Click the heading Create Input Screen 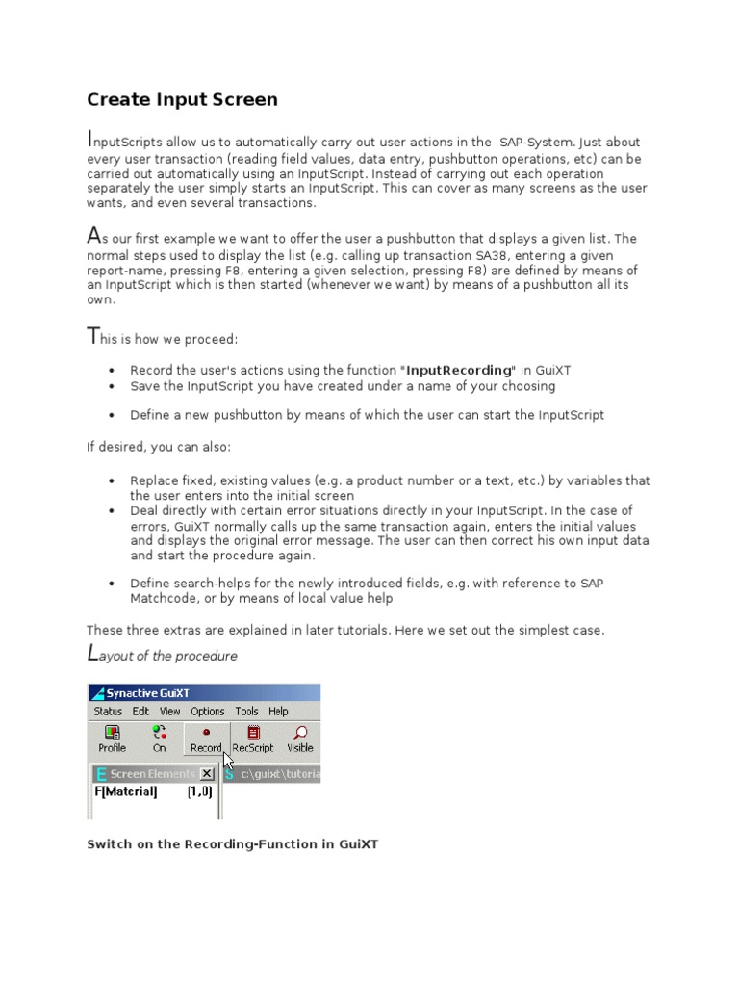pos(182,99)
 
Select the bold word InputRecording pos(459,370)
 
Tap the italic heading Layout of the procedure pos(162,656)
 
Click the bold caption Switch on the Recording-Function pos(232,843)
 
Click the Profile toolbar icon pos(112,739)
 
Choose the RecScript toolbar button pos(253,739)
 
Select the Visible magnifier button pos(299,739)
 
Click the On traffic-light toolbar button pos(159,739)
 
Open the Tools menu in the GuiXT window pos(246,712)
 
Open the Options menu pos(207,712)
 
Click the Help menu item pos(278,712)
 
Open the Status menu pos(108,712)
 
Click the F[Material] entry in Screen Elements pos(125,791)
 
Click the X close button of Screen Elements pos(207,774)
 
